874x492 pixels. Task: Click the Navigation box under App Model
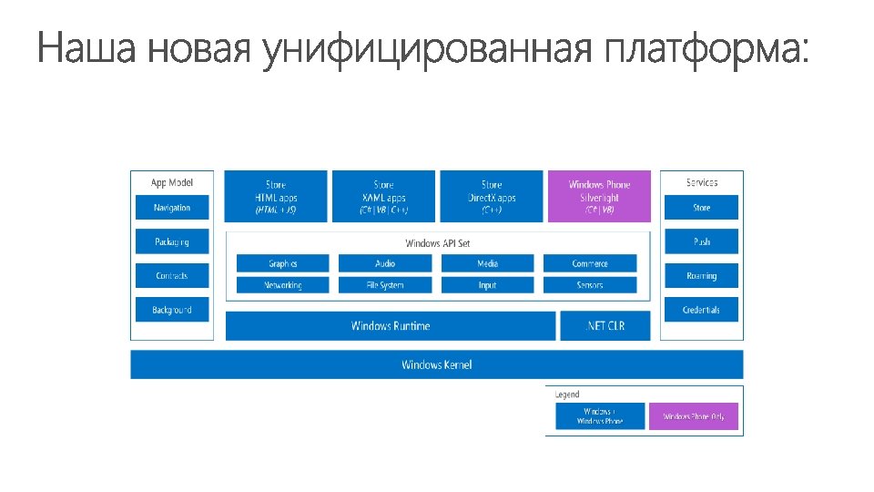[172, 208]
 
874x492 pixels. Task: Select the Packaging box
[172, 241]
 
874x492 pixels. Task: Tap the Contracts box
[172, 276]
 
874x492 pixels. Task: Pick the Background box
[172, 310]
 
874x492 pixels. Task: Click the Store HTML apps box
[275, 197]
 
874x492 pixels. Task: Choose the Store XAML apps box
[383, 197]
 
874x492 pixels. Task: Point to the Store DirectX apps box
[492, 197]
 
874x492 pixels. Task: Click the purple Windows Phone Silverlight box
[599, 197]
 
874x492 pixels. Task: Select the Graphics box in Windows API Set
[283, 263]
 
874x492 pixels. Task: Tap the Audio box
[385, 263]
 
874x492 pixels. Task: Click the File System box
[385, 285]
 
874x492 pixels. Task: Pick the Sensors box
[590, 285]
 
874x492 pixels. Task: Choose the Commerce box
[590, 263]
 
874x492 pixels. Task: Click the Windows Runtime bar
[391, 326]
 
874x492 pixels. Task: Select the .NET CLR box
[605, 326]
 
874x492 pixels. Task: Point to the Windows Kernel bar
[437, 364]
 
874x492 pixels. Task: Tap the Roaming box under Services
[702, 276]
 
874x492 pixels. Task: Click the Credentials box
[702, 310]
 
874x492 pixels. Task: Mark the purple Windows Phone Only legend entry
[694, 416]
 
